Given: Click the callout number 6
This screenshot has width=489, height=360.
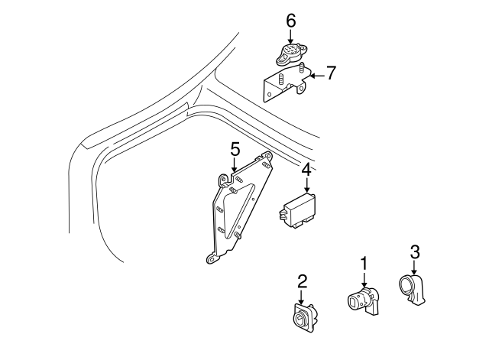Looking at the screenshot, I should (290, 21).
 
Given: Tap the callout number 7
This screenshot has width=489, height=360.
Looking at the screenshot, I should (331, 73).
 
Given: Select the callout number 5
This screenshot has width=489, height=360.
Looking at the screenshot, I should (235, 148).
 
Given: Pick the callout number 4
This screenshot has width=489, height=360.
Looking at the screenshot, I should (305, 170).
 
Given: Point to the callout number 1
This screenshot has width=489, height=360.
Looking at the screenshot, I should (364, 263).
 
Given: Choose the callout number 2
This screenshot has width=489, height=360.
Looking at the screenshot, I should (302, 281).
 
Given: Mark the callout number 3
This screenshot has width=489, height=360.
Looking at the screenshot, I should (414, 251).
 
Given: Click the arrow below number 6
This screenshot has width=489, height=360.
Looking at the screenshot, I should (290, 37).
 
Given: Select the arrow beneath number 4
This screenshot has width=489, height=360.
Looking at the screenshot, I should (305, 185).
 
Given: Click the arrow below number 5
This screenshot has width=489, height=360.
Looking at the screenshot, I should (235, 164).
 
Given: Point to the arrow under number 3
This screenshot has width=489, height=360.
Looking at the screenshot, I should (414, 268).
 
